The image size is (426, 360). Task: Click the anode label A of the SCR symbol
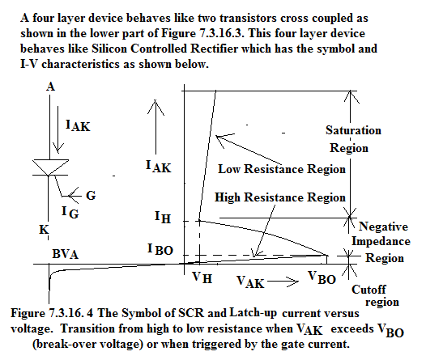50,87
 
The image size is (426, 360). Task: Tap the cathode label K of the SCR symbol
44,230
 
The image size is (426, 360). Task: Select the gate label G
91,195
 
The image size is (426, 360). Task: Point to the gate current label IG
70,212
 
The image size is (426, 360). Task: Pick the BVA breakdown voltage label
66,254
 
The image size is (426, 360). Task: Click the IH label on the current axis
163,218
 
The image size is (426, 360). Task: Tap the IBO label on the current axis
160,250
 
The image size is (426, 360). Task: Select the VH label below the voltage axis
202,277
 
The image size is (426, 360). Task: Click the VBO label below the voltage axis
322,278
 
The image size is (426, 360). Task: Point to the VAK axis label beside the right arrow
250,282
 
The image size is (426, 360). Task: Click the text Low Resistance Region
282,169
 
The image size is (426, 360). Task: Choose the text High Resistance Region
280,197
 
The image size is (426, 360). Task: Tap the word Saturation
353,130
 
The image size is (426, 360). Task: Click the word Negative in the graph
383,227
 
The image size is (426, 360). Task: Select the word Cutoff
368,290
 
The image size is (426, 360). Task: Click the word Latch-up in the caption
253,313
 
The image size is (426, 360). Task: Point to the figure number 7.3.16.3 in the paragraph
222,33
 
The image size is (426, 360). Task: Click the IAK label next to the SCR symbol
78,126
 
